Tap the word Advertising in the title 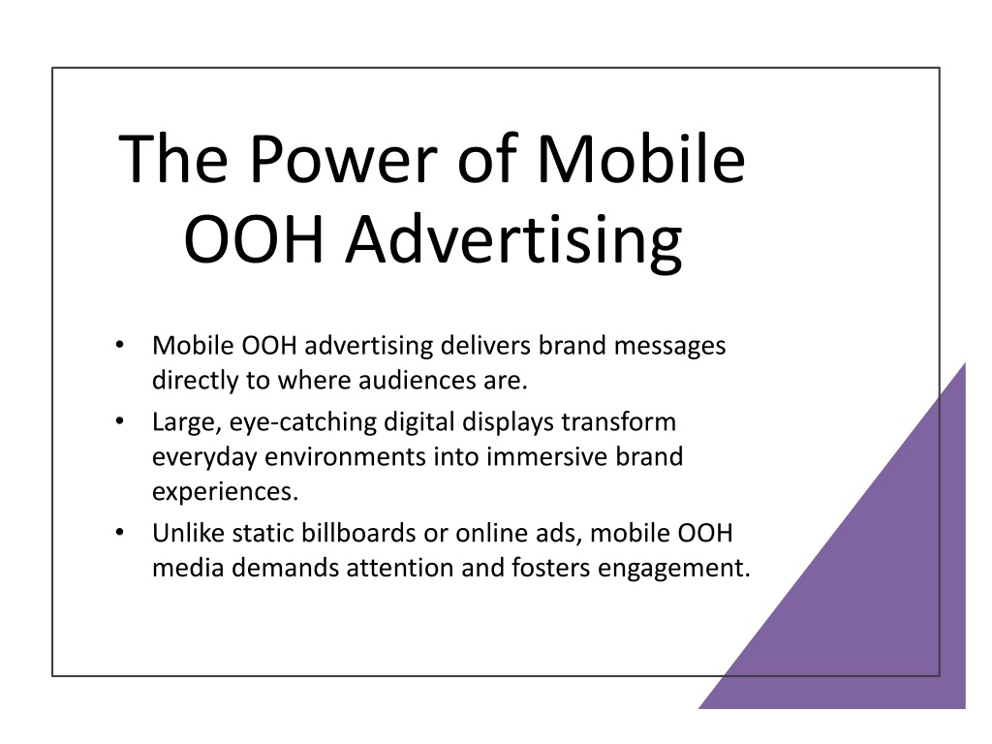[513, 241]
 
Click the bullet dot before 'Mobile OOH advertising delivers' [119, 345]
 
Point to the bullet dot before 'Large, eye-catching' [119, 420]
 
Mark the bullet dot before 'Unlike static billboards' [119, 532]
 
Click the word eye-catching [303, 422]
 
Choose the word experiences [225, 492]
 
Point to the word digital [419, 422]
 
